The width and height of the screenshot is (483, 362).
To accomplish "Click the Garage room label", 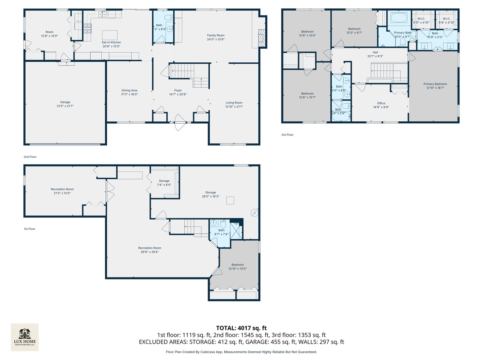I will (x=65, y=102).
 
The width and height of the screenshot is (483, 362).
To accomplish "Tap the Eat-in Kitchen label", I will (x=111, y=43).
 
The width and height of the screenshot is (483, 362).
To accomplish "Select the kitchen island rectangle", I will (x=110, y=35).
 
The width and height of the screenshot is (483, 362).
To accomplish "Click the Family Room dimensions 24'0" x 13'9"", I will (x=216, y=39).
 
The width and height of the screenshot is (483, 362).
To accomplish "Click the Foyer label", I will (x=178, y=90).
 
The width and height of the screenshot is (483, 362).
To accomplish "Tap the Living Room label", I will (x=234, y=103).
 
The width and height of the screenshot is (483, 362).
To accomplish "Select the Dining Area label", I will (x=129, y=90).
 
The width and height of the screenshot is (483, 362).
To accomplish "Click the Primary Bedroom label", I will (x=435, y=84).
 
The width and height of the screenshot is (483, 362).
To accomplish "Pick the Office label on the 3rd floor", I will (x=381, y=104).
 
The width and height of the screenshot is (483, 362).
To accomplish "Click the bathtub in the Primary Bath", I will (x=398, y=18).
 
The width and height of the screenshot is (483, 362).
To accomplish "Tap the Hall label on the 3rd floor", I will (x=375, y=52).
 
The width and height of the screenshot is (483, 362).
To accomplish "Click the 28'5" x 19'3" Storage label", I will (x=211, y=196).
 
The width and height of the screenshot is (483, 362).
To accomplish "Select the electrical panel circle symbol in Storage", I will (x=255, y=212).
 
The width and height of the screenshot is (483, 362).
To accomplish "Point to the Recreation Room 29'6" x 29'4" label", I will (x=150, y=250).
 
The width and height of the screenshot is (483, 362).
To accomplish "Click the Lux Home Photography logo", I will (x=25, y=337).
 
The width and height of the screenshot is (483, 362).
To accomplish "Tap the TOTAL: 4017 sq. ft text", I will (x=241, y=328).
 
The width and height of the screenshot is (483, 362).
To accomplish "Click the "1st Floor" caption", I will (x=30, y=229).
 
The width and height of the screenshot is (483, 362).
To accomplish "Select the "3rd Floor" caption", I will (x=287, y=135).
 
